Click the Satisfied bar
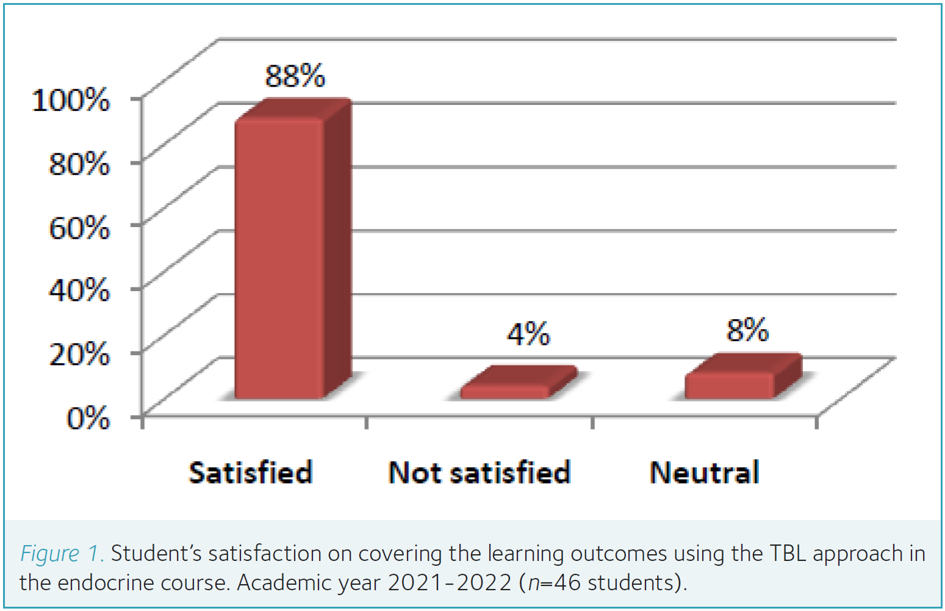[280, 259]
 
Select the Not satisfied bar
[505, 391]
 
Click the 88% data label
[295, 76]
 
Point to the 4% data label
[528, 334]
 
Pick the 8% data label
[747, 330]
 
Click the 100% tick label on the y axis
[71, 99]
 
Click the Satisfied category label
[251, 472]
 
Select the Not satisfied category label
[480, 472]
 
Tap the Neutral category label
[705, 472]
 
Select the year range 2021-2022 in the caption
[450, 583]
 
